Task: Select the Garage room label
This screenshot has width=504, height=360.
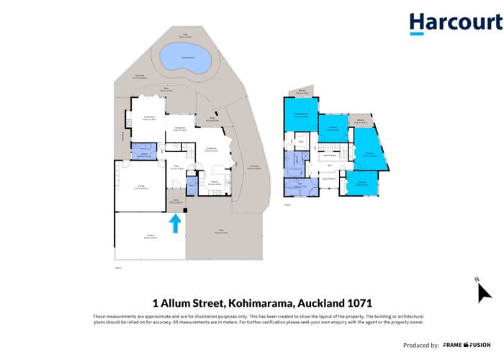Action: click(x=142, y=186)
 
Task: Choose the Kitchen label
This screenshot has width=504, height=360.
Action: click(x=215, y=184)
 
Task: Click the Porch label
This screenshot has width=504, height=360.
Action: click(x=176, y=202)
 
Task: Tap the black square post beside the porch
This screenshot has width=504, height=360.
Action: click(x=186, y=211)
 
